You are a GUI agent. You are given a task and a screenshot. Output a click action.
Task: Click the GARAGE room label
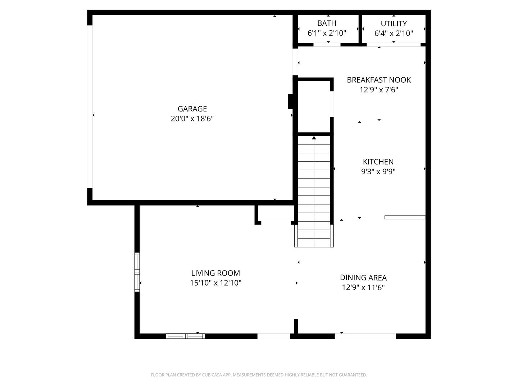pyautogui.click(x=192, y=108)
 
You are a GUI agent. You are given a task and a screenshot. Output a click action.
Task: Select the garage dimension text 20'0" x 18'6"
pyautogui.click(x=192, y=118)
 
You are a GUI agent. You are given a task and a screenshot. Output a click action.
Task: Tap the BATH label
pyautogui.click(x=327, y=23)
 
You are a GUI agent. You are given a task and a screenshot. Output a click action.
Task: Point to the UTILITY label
pyautogui.click(x=394, y=24)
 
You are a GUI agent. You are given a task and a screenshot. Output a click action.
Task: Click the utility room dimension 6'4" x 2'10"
pyautogui.click(x=394, y=33)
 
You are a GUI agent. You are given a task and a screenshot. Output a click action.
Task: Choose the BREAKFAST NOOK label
pyautogui.click(x=379, y=80)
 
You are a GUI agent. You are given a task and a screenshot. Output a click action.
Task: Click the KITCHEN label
pyautogui.click(x=378, y=162)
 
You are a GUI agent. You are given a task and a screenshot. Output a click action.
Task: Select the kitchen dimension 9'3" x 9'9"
pyautogui.click(x=378, y=171)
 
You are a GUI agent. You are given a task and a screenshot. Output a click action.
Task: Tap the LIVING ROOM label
pyautogui.click(x=215, y=273)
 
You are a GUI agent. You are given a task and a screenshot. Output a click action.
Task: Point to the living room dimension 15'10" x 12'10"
pyautogui.click(x=215, y=282)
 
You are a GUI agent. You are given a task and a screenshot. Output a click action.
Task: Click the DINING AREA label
pyautogui.click(x=363, y=277)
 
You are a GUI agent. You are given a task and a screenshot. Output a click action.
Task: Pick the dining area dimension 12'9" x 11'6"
pyautogui.click(x=363, y=287)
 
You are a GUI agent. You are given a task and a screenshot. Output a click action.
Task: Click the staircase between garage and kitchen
pyautogui.click(x=314, y=191)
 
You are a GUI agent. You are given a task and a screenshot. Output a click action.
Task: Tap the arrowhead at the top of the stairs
pyautogui.click(x=314, y=138)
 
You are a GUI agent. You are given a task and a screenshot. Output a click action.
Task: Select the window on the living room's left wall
pyautogui.click(x=137, y=272)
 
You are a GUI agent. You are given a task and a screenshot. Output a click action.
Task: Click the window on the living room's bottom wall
pyautogui.click(x=185, y=336)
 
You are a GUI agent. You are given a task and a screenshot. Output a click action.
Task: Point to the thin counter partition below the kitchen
pyautogui.click(x=405, y=217)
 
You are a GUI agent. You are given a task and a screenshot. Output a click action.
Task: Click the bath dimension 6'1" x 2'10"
pyautogui.click(x=327, y=33)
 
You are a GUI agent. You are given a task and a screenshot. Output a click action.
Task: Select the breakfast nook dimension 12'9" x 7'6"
pyautogui.click(x=379, y=89)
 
